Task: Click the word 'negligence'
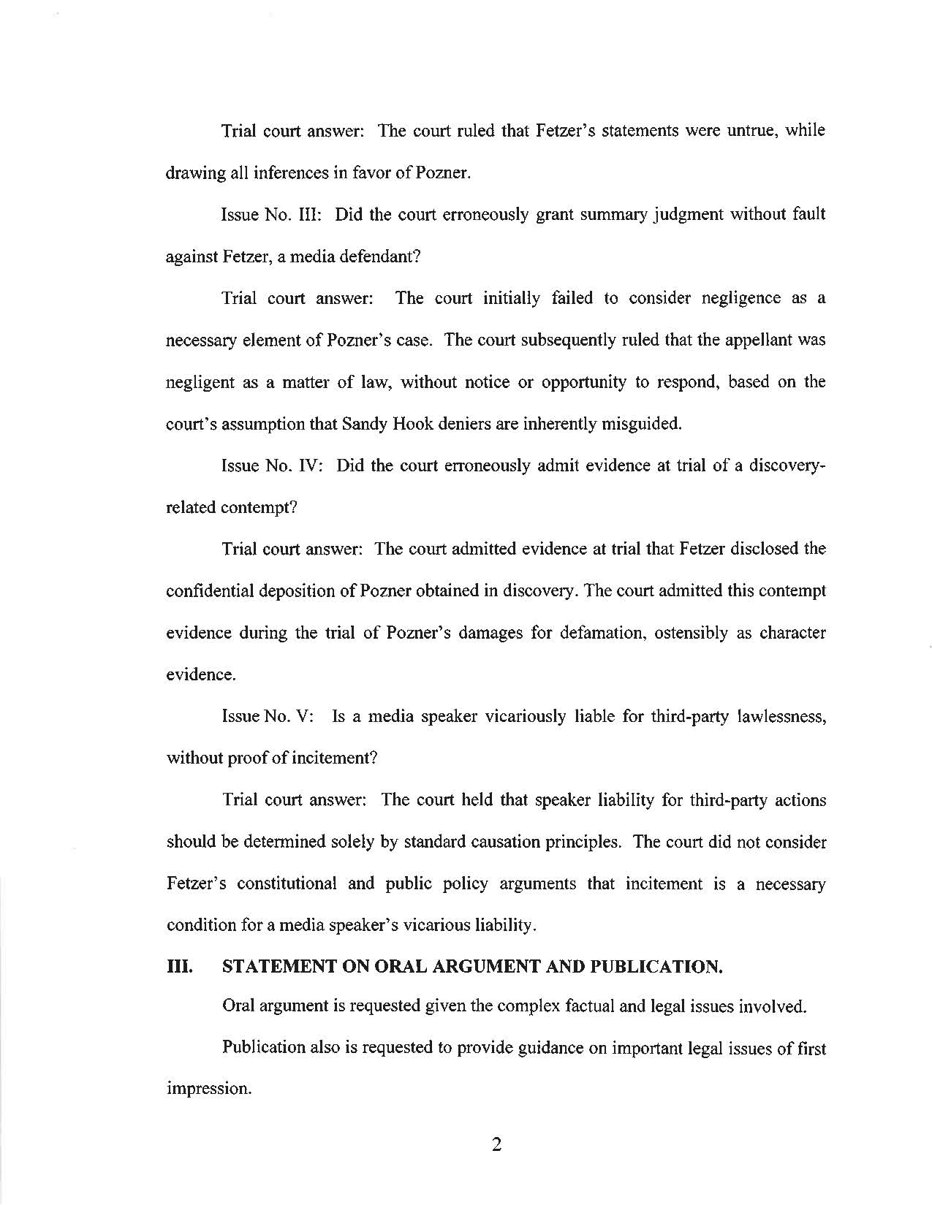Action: point(740,299)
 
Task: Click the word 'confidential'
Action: point(211,591)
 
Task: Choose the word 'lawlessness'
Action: point(781,716)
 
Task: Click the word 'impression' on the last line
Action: point(208,1089)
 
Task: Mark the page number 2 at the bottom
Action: point(496,1145)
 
